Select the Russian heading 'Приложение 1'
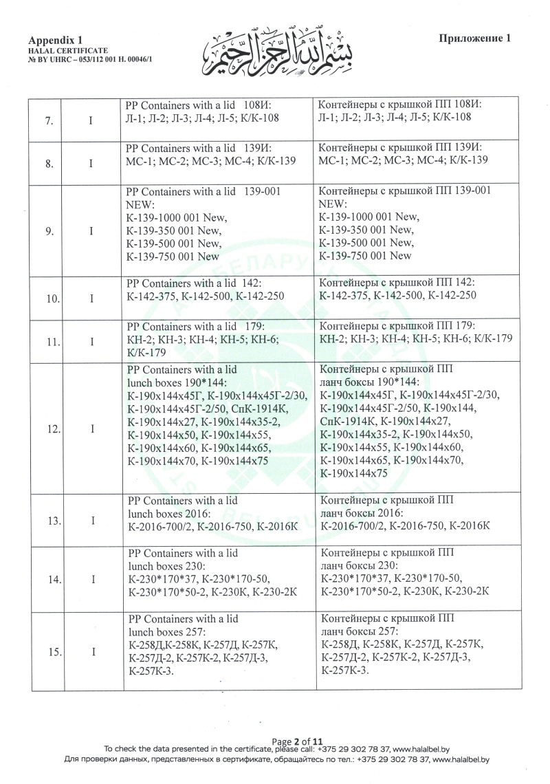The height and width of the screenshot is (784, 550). [x=475, y=39]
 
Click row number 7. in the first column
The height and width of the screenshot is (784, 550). [x=49, y=121]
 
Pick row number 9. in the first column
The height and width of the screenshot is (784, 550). [x=49, y=231]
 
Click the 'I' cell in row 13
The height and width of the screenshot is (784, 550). [x=91, y=521]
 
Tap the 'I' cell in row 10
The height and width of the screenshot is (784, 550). [x=91, y=298]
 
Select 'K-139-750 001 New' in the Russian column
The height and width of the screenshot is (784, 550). [x=366, y=256]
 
